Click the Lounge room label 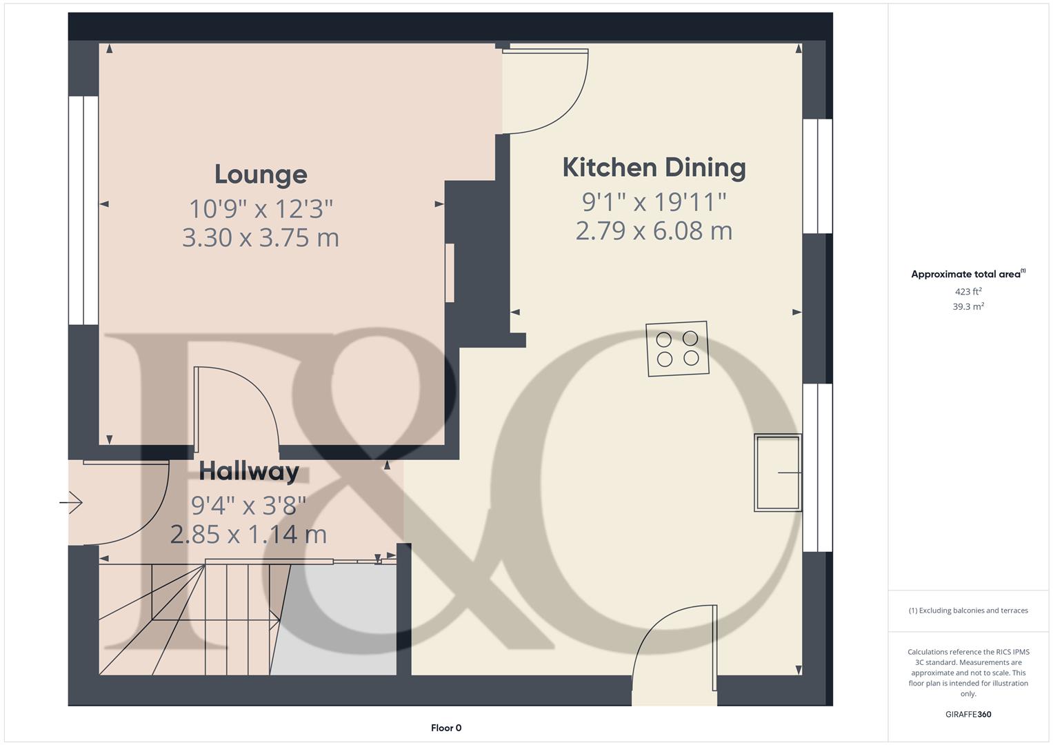pyautogui.click(x=261, y=175)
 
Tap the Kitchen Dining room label pyautogui.click(x=654, y=168)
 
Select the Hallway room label pyautogui.click(x=249, y=471)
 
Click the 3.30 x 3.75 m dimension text pyautogui.click(x=261, y=237)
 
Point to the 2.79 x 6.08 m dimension pyautogui.click(x=654, y=231)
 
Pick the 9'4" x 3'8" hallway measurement pyautogui.click(x=249, y=506)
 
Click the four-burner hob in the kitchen pyautogui.click(x=677, y=348)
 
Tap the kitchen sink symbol pyautogui.click(x=778, y=473)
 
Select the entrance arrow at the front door pyautogui.click(x=71, y=502)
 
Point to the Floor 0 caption pyautogui.click(x=446, y=728)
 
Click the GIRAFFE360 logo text pyautogui.click(x=968, y=714)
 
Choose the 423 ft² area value pyautogui.click(x=968, y=291)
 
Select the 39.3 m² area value pyautogui.click(x=968, y=306)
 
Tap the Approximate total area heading pyautogui.click(x=968, y=274)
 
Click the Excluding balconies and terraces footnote pyautogui.click(x=968, y=610)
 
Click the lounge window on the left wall pyautogui.click(x=83, y=210)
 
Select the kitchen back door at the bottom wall pyautogui.click(x=674, y=654)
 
